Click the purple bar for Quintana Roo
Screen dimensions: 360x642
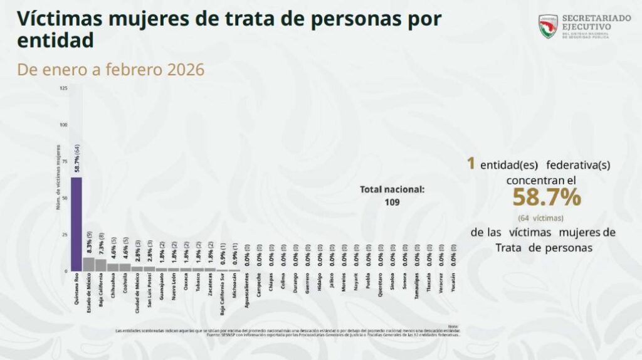(76, 224)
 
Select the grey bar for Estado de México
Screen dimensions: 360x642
(88, 264)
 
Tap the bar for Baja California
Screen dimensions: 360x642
(100, 265)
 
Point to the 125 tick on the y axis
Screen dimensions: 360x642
(63, 88)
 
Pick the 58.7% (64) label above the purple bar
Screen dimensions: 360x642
(76, 159)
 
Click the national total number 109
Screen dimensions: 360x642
(392, 202)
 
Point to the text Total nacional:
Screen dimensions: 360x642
(392, 189)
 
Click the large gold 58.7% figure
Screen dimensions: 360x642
(546, 198)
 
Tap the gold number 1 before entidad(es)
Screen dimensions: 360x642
(470, 164)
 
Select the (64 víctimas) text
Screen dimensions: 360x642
(542, 218)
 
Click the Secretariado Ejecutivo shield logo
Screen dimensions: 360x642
(548, 26)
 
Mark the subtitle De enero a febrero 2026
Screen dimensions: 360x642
(111, 70)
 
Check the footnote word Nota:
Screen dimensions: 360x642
(453, 326)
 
